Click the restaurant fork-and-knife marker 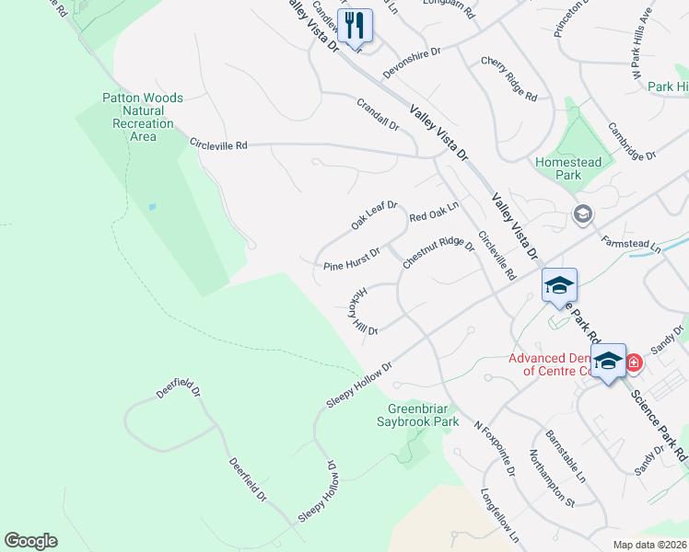(x=355, y=25)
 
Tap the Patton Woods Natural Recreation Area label (x=143, y=117)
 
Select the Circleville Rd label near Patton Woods (x=218, y=145)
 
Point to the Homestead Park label (x=569, y=168)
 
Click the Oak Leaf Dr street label (x=373, y=216)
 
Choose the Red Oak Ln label (x=434, y=213)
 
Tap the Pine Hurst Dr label (x=352, y=259)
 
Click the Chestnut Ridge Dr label (x=438, y=253)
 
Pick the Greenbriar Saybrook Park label (x=423, y=415)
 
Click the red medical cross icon (x=634, y=364)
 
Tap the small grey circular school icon (x=582, y=214)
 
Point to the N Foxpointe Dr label (x=494, y=450)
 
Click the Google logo (x=30, y=541)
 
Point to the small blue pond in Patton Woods (x=151, y=207)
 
